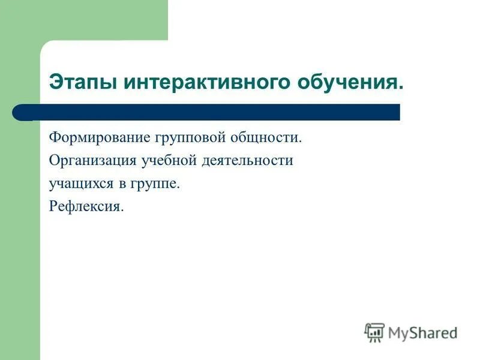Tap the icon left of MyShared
click(x=374, y=332)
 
